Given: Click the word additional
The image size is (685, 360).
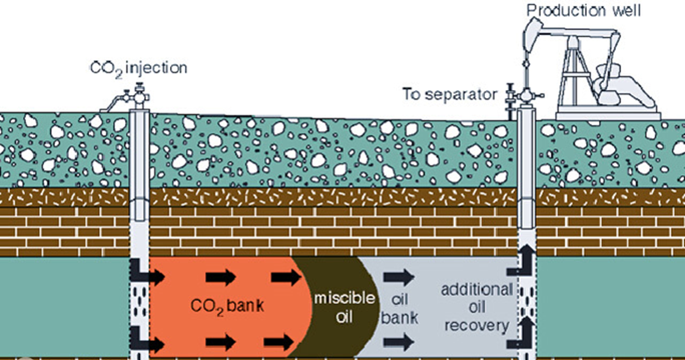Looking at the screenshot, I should pyautogui.click(x=476, y=288).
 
